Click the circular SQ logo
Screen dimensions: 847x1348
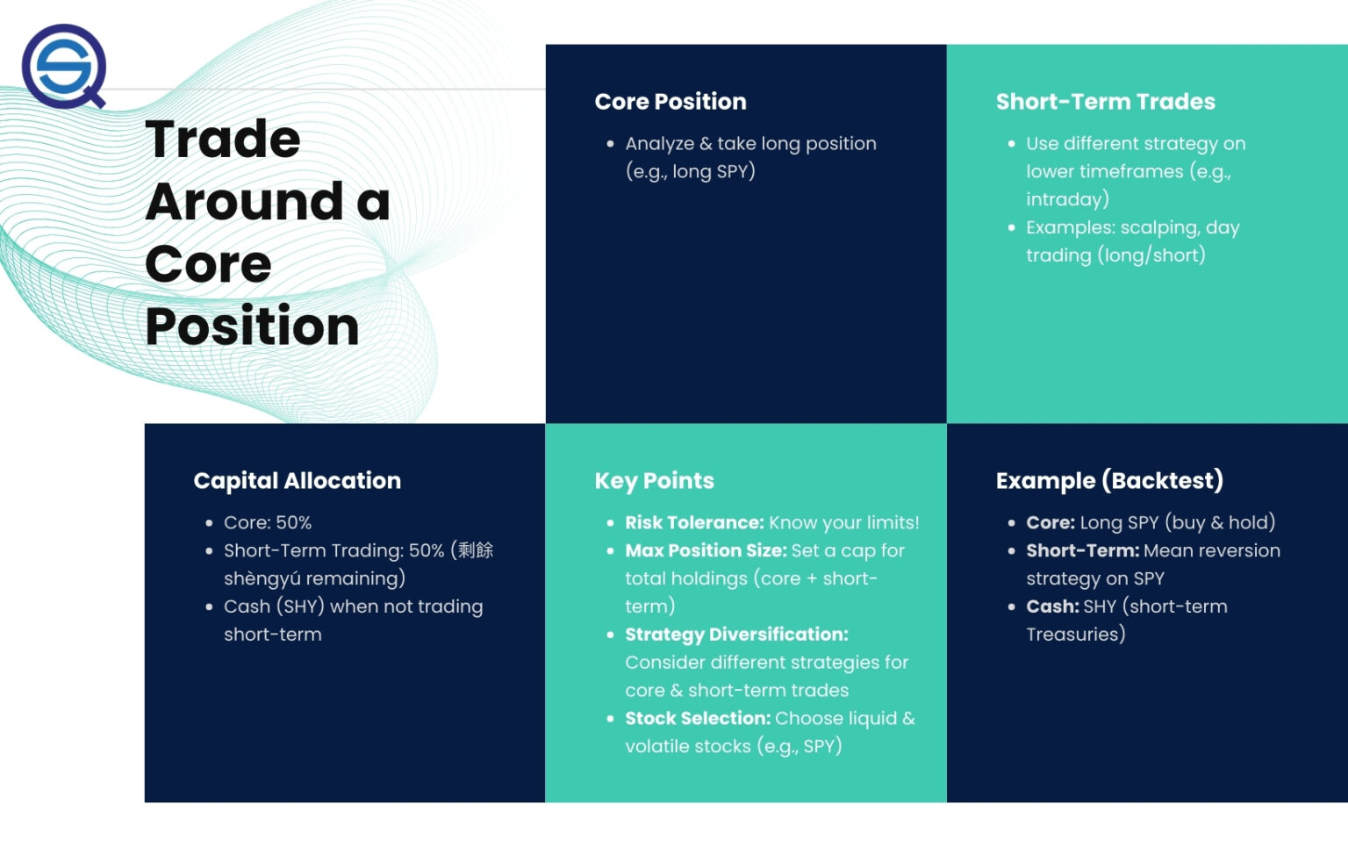[x=64, y=66]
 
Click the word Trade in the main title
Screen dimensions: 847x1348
[x=223, y=140]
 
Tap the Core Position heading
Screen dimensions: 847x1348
[x=670, y=102]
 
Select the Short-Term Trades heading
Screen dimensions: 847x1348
[x=1105, y=102]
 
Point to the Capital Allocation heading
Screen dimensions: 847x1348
[x=297, y=481]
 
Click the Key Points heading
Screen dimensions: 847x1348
[x=654, y=481]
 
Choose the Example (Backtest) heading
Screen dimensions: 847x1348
[x=1108, y=481]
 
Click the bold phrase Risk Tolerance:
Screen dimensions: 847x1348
[x=694, y=523]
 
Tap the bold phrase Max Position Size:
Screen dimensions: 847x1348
[x=706, y=551]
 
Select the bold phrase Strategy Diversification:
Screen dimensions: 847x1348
[x=736, y=635]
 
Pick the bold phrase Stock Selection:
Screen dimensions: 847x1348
[x=697, y=719]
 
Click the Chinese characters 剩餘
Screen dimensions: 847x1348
[x=476, y=550]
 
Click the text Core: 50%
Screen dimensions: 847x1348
[x=268, y=523]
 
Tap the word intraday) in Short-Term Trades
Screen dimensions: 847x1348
[x=1067, y=200]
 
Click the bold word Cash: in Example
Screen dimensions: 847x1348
[x=1052, y=607]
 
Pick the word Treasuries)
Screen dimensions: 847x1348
[x=1075, y=635]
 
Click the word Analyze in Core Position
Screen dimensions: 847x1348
[x=659, y=144]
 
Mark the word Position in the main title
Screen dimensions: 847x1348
[x=252, y=327]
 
